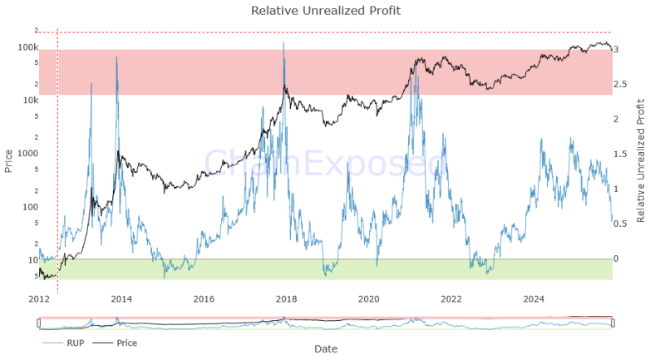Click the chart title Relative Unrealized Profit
pyautogui.click(x=325, y=10)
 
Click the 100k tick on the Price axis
pyautogui.click(x=27, y=47)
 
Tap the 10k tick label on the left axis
pyautogui.click(x=29, y=101)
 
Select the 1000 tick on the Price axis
pyautogui.click(x=27, y=154)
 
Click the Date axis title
pyautogui.click(x=325, y=350)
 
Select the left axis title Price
pyautogui.click(x=8, y=160)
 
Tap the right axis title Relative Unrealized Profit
pyautogui.click(x=640, y=160)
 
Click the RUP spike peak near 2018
pyautogui.click(x=284, y=42)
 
